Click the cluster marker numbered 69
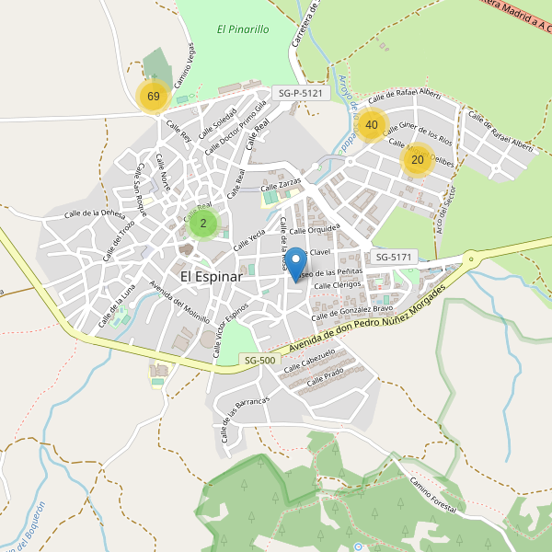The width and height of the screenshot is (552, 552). pyautogui.click(x=154, y=97)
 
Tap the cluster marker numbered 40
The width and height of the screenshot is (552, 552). pyautogui.click(x=372, y=125)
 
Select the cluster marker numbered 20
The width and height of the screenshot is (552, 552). pyautogui.click(x=418, y=160)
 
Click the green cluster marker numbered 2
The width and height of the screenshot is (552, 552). pyautogui.click(x=203, y=223)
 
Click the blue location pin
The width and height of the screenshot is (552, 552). pyautogui.click(x=296, y=265)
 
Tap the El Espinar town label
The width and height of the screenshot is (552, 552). pyautogui.click(x=211, y=276)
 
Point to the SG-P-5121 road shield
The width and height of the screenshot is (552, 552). pyautogui.click(x=299, y=94)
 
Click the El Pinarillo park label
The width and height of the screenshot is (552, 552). pyautogui.click(x=243, y=29)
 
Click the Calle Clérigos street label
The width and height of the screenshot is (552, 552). pyautogui.click(x=336, y=285)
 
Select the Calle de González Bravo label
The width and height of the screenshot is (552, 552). pyautogui.click(x=353, y=312)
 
